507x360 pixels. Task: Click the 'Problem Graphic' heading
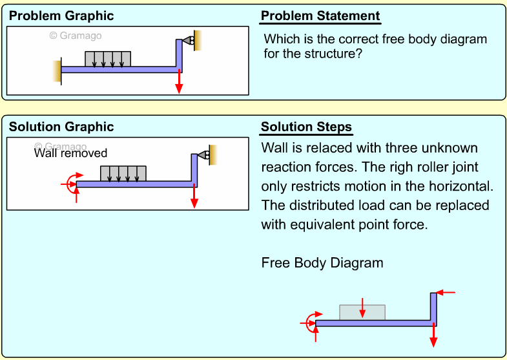[x=61, y=16]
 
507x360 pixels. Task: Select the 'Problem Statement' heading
[x=320, y=16]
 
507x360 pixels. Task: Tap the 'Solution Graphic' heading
[x=61, y=127]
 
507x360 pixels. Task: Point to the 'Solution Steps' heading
[x=306, y=127]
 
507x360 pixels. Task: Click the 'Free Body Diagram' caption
[x=322, y=263]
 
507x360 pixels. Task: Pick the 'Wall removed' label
[x=70, y=154]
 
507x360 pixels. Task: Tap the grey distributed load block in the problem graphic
[x=108, y=59]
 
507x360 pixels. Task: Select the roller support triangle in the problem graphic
[x=187, y=40]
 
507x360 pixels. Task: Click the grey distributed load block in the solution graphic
[x=123, y=173]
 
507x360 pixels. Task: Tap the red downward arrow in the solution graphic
[x=194, y=196]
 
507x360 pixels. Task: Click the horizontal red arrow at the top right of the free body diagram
[x=446, y=292]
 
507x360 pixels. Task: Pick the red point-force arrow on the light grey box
[x=363, y=307]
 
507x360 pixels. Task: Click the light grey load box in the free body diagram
[x=349, y=312]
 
